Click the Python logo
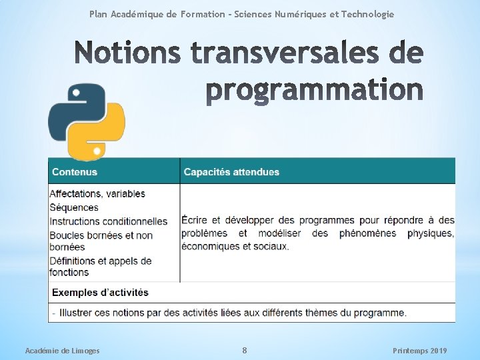point(86,121)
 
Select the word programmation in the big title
point(313,90)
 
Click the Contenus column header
point(75,172)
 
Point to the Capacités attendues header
point(231,172)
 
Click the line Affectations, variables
point(97,194)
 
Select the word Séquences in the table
point(74,207)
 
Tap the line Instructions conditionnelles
point(109,221)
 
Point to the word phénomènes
point(367,233)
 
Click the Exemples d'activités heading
point(100,293)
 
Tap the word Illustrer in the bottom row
point(79,313)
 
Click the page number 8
point(245,351)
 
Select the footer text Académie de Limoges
point(62,351)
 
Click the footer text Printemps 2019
point(420,351)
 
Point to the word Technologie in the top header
point(367,14)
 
